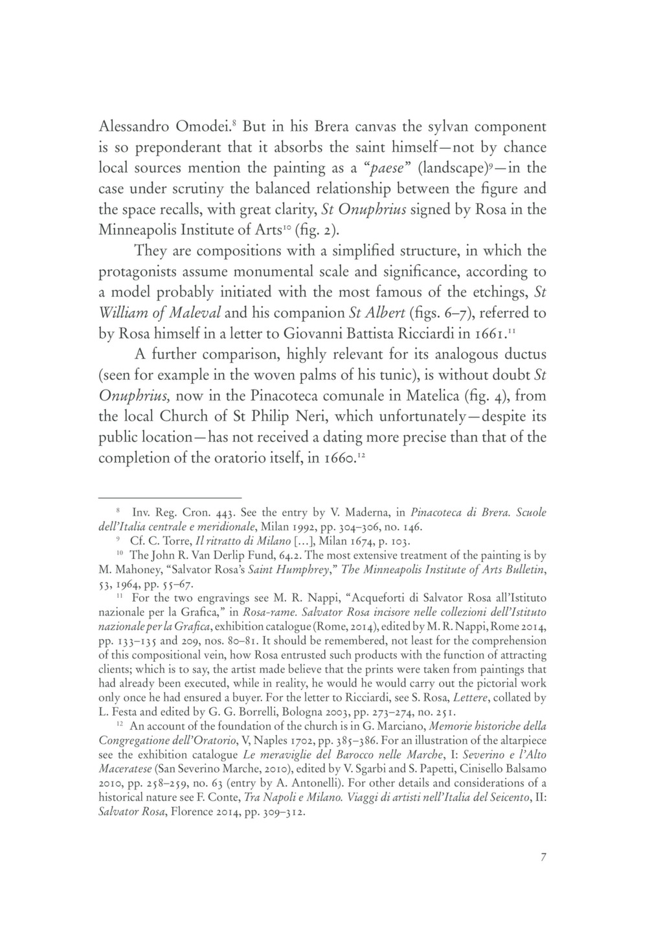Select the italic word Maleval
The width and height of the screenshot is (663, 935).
pos(189,313)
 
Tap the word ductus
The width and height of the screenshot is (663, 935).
pos(512,355)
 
